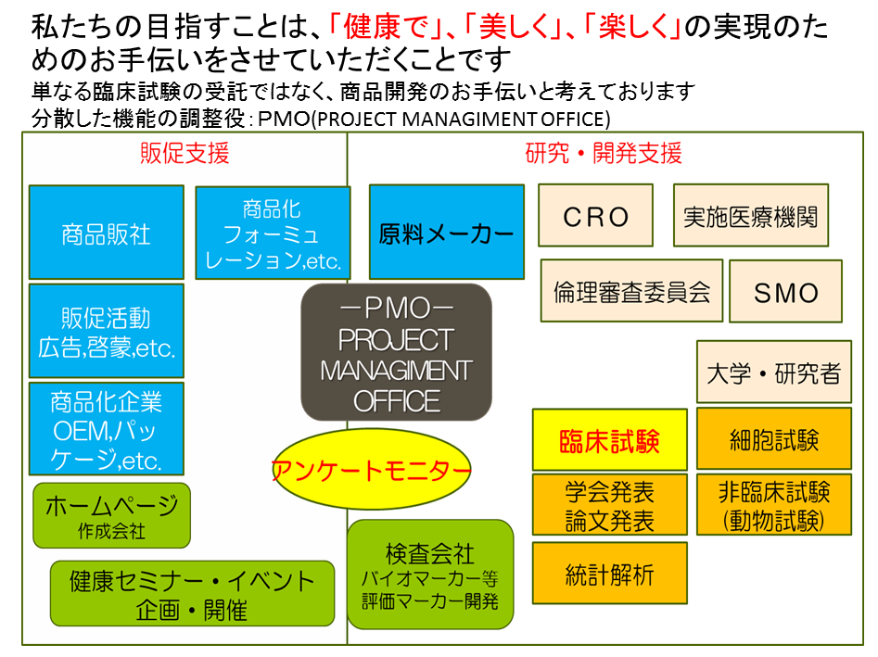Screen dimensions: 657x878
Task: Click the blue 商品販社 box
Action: (106, 233)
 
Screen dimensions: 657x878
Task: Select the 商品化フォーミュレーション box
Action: (273, 233)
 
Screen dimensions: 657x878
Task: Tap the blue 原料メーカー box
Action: (446, 232)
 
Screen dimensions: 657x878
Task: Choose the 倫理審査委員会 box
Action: (631, 291)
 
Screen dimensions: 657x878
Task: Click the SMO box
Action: (785, 291)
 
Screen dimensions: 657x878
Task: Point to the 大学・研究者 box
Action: (773, 373)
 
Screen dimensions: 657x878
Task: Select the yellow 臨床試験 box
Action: (609, 439)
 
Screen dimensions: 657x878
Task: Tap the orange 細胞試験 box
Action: (773, 438)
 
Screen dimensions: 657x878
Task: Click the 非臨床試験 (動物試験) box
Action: (773, 505)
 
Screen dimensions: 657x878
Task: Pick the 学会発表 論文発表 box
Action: (609, 505)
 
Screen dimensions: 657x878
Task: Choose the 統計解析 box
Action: (609, 574)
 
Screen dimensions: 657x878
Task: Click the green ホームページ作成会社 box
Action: (111, 514)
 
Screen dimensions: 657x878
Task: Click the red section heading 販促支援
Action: (185, 154)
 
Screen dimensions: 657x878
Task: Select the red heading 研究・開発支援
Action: (604, 154)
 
